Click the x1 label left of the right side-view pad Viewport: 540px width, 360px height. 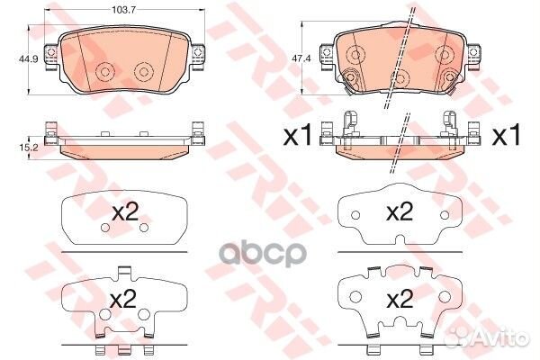[298, 135]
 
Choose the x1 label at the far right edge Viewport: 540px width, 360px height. [506, 135]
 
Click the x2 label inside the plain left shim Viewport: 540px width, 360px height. [125, 211]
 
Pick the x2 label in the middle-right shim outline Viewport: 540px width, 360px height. [400, 211]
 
